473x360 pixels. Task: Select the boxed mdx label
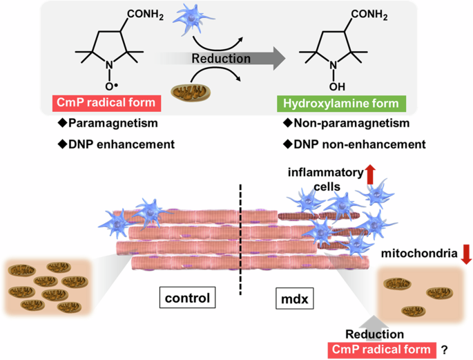point(291,299)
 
